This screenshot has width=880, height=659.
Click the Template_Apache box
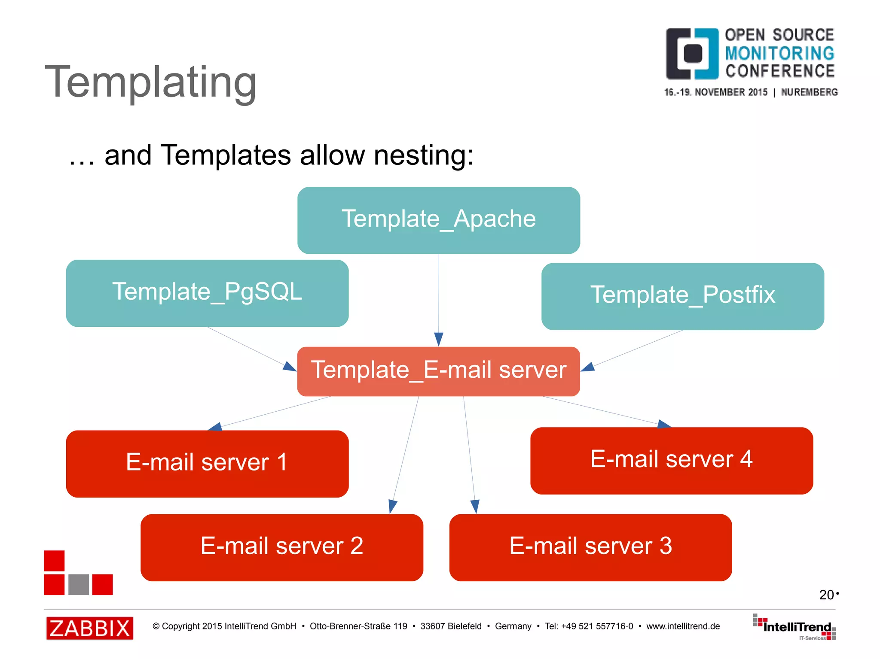click(x=438, y=220)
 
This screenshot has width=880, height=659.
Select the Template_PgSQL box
click(x=207, y=293)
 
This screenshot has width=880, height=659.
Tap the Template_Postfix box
click(x=682, y=296)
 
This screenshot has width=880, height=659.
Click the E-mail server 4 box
click(x=671, y=460)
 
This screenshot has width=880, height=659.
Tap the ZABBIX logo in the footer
click(x=89, y=628)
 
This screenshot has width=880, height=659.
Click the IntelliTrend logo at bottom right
click(x=795, y=627)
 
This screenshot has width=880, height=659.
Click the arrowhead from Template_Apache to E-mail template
click(x=438, y=339)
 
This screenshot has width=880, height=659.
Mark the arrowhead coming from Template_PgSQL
click(x=290, y=366)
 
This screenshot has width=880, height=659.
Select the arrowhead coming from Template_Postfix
click(x=588, y=367)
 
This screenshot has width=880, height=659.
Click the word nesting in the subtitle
click(x=423, y=155)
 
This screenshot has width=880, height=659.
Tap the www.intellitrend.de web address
click(x=683, y=626)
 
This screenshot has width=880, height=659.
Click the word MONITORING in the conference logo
click(x=779, y=53)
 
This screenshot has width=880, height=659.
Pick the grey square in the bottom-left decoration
click(x=79, y=584)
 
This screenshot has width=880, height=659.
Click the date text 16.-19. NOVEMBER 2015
click(x=715, y=92)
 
